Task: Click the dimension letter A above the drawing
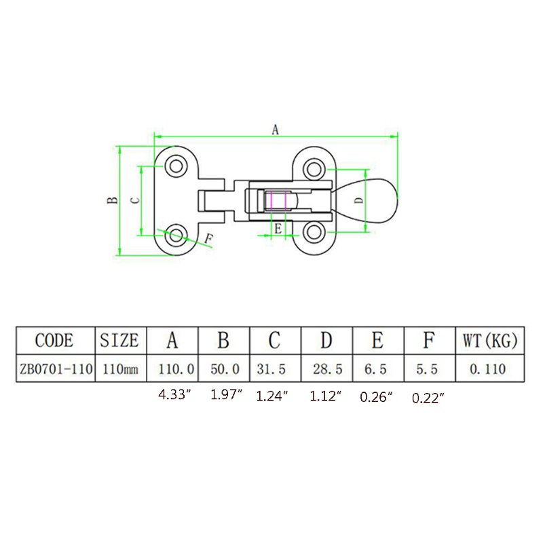(275, 130)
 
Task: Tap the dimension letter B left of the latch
(113, 200)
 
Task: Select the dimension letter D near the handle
(360, 200)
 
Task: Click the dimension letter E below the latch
(278, 229)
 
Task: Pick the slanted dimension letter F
(208, 239)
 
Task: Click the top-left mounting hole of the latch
(176, 166)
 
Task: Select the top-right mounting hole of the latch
(314, 169)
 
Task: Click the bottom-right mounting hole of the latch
(314, 231)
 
